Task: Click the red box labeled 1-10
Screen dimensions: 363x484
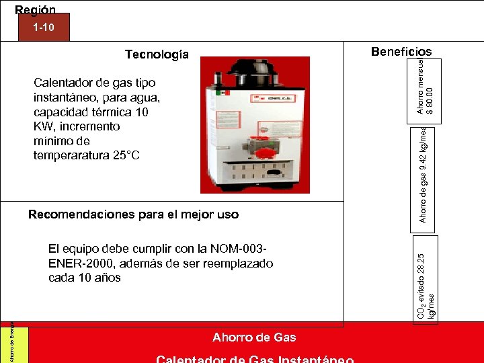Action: coord(43,28)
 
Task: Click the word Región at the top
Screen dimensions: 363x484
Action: coord(35,9)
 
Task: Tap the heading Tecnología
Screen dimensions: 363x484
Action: coord(157,54)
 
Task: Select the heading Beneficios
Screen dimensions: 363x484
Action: coord(401,52)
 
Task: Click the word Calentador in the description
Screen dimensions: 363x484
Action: coord(61,83)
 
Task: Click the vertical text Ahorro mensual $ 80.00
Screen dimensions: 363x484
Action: coord(425,85)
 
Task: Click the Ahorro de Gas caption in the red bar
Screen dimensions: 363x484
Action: coord(253,337)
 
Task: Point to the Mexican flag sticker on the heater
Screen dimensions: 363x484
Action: coord(227,94)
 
